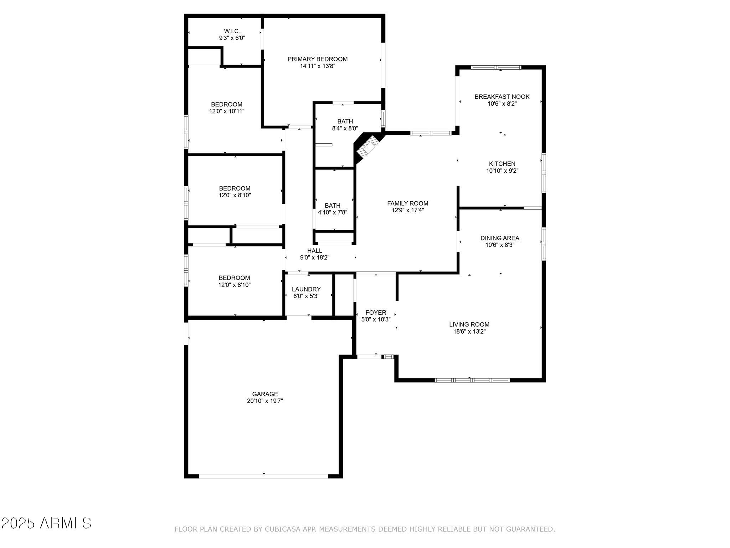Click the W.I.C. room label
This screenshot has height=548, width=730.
(232, 31)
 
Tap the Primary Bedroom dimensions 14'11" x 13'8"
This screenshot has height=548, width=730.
(318, 66)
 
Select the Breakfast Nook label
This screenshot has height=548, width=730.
(502, 97)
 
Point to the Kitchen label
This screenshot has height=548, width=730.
(502, 164)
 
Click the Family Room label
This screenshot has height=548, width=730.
(408, 203)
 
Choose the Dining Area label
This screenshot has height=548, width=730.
(500, 238)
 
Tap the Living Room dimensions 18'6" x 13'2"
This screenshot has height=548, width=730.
(469, 331)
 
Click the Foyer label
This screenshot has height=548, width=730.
(376, 313)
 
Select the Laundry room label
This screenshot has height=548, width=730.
(306, 289)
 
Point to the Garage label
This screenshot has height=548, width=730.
(265, 394)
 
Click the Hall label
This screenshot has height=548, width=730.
(315, 251)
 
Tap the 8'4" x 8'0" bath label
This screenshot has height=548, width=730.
(345, 125)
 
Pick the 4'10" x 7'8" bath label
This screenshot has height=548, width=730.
(333, 209)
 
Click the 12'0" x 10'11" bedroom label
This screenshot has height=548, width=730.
(227, 108)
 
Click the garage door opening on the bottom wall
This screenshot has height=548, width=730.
(263, 476)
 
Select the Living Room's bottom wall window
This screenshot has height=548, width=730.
(472, 380)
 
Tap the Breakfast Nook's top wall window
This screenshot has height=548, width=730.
(496, 67)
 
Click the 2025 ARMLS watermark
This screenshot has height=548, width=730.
(46, 523)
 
